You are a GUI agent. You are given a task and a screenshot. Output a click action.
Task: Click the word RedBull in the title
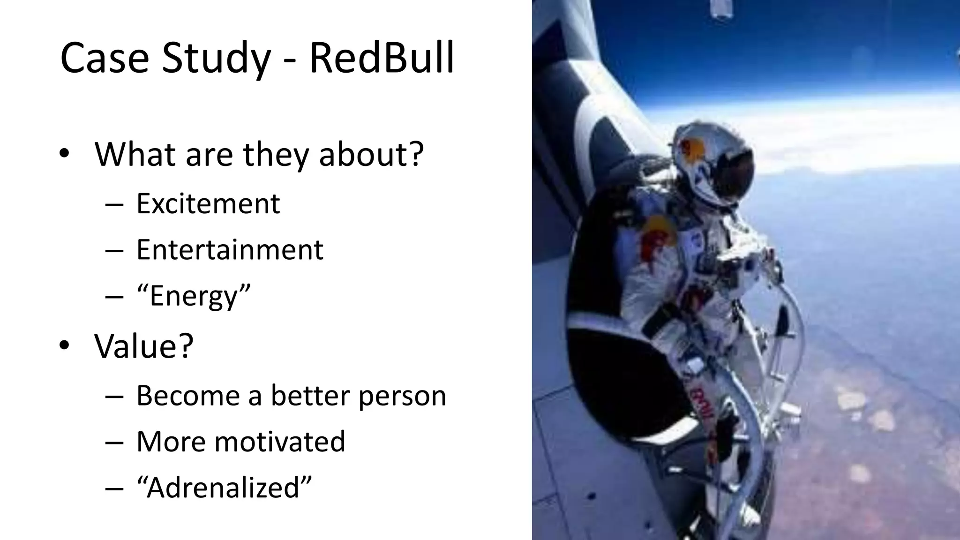382,59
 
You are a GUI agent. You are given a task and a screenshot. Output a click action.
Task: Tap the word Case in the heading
105,59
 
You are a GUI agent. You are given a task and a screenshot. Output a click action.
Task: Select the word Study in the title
216,60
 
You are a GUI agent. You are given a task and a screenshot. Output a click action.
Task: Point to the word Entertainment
230,249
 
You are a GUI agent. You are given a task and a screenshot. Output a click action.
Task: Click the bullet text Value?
144,345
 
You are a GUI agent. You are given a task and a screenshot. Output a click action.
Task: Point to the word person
402,396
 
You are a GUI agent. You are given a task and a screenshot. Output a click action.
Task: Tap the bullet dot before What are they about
64,154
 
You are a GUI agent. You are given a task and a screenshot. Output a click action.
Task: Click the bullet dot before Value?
64,346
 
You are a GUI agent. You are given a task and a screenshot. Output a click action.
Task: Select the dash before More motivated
114,442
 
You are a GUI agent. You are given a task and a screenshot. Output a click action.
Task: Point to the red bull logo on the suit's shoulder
656,234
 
